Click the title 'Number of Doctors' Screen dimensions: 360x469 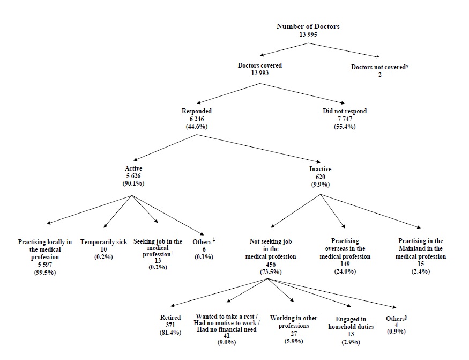click(x=308, y=26)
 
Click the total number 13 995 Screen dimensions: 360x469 click(x=308, y=34)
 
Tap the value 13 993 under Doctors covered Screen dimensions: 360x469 click(x=259, y=73)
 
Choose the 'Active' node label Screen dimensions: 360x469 click(x=133, y=169)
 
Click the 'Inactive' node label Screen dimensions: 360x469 click(x=320, y=169)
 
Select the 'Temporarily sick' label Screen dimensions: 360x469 click(x=103, y=242)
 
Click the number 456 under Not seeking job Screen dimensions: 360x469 click(x=270, y=265)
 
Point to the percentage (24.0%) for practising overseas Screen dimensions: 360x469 click(x=345, y=265)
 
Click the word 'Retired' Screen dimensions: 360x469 click(x=170, y=318)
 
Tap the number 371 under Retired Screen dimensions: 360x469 click(x=170, y=325)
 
